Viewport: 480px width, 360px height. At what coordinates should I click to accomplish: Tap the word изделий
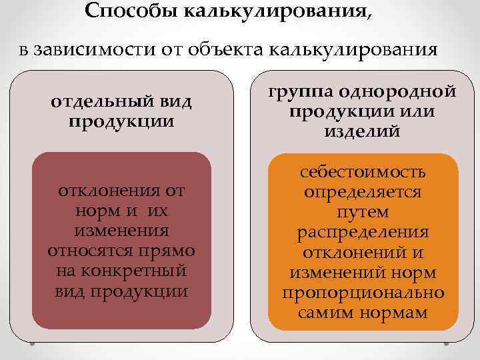pos(362,130)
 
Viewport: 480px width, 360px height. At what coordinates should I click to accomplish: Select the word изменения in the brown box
pos(121,231)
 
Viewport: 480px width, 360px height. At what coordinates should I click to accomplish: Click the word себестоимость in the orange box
pos(363,173)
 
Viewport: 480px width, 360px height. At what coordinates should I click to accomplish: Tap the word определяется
pos(363,193)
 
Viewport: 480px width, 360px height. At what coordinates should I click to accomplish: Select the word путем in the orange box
pos(363,213)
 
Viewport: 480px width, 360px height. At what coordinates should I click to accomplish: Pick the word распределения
pos(363,233)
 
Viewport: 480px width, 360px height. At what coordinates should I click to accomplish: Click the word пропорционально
pos(363,293)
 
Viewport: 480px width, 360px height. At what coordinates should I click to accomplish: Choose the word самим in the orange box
pos(325,313)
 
